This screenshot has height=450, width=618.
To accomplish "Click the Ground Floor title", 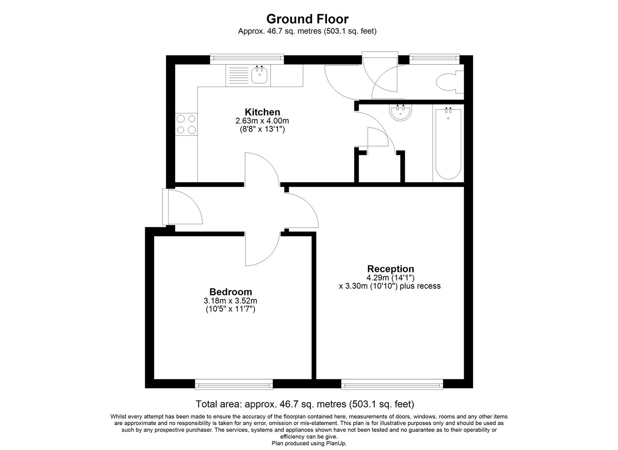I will click(x=307, y=19).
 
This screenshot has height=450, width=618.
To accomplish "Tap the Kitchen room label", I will click(x=262, y=112).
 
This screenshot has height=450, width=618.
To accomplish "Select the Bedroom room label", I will click(x=230, y=292).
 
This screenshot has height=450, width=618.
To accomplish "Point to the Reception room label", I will click(x=390, y=269).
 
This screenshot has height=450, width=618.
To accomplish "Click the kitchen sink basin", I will click(x=260, y=75).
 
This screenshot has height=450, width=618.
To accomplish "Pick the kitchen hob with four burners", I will click(x=186, y=124).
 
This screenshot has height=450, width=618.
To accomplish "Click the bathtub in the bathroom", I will click(x=448, y=144).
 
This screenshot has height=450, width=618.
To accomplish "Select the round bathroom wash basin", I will click(x=401, y=112).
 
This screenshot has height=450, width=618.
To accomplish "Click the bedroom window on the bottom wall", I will click(x=234, y=384).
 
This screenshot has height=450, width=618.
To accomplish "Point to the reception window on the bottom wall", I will click(x=392, y=384).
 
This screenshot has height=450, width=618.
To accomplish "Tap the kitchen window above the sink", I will click(x=247, y=59).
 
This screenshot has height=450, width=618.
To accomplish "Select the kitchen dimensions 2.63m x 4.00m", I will click(x=262, y=121).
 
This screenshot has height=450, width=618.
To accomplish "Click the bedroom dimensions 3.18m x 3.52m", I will click(x=230, y=301).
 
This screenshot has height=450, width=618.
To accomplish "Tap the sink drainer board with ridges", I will click(x=238, y=76).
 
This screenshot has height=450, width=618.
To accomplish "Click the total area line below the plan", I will click(x=305, y=404).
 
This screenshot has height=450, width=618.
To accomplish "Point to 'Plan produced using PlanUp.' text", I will click(x=309, y=443).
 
